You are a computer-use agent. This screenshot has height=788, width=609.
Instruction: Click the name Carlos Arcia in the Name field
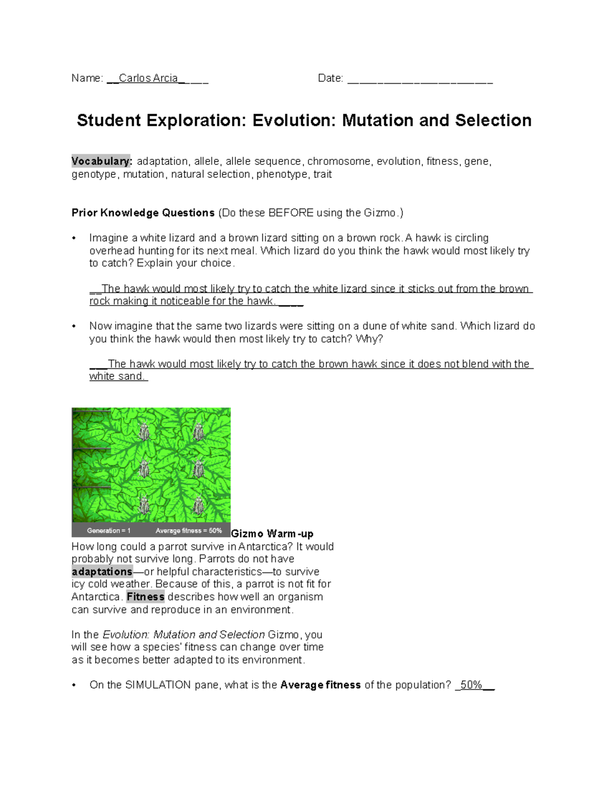coord(148,78)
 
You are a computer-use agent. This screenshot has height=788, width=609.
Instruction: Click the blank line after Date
coord(420,79)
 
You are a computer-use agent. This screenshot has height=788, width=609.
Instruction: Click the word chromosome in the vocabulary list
coord(339,161)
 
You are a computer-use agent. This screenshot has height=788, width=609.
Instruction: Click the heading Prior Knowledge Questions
coord(143,213)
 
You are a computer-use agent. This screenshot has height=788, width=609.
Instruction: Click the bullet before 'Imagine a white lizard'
coord(74,238)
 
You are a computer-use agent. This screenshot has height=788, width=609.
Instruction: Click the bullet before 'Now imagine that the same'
coord(74,326)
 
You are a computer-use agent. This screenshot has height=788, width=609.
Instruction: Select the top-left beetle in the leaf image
coord(144,432)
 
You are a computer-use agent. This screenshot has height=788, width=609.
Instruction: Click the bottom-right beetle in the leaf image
coord(198,505)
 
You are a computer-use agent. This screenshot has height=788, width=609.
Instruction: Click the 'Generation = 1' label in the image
coord(109,531)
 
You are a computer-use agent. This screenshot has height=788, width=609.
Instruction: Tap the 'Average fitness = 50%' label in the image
coord(188,531)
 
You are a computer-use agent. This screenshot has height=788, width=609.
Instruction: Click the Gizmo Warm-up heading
coord(272,534)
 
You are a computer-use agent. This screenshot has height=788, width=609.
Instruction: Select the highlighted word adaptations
coord(102,571)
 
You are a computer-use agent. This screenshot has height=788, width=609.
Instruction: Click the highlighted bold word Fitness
coord(145,597)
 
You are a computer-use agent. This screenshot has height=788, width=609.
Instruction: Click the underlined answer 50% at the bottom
coord(471,685)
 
